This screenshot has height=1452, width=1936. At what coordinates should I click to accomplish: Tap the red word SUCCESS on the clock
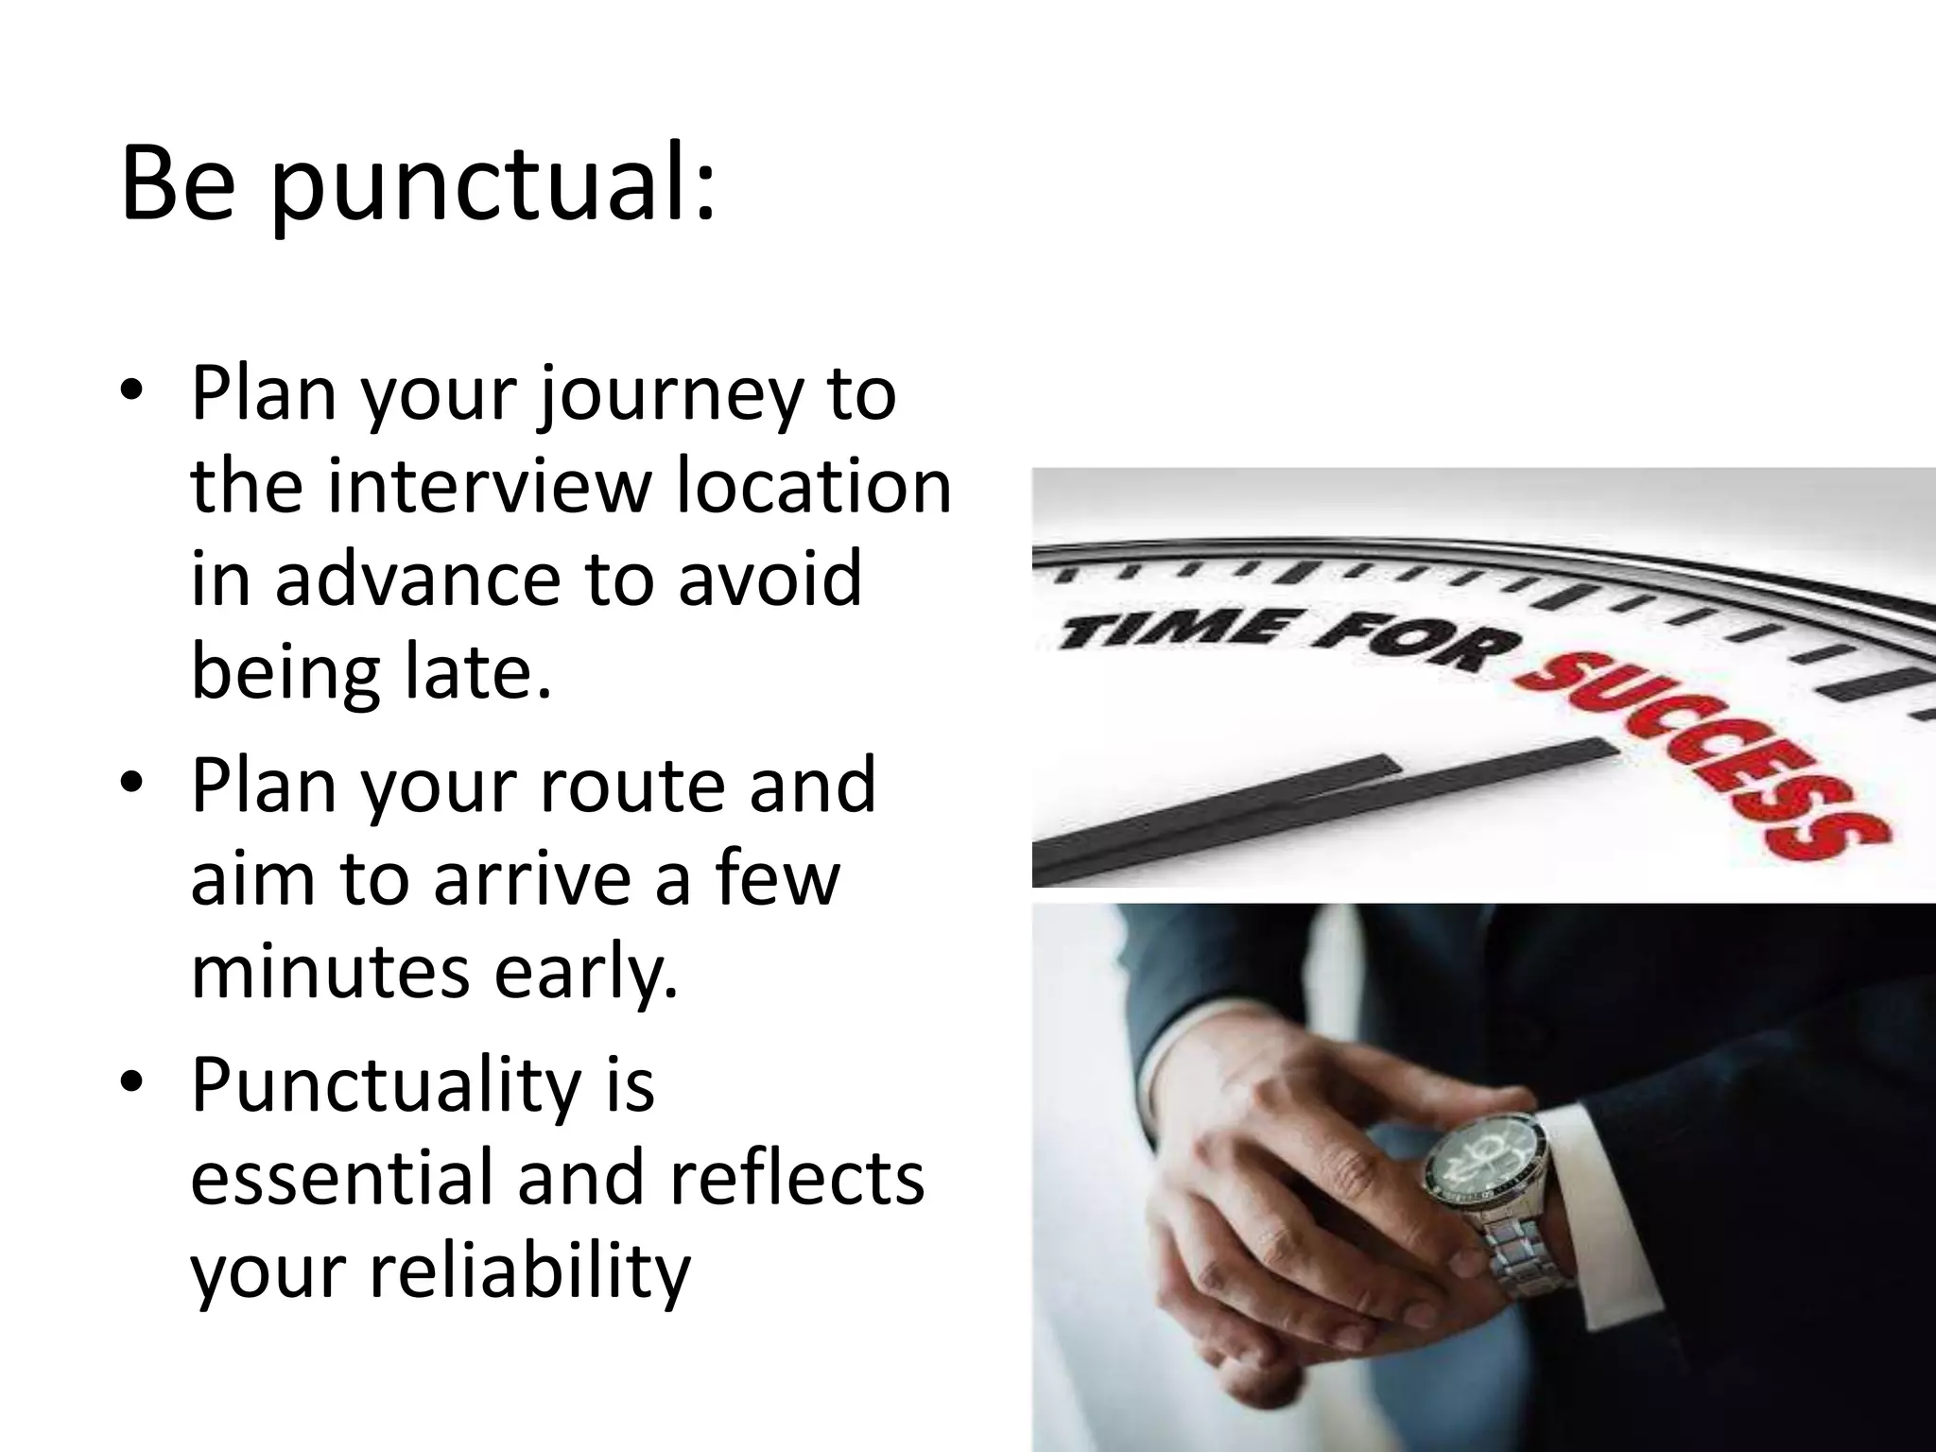pyautogui.click(x=1702, y=747)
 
